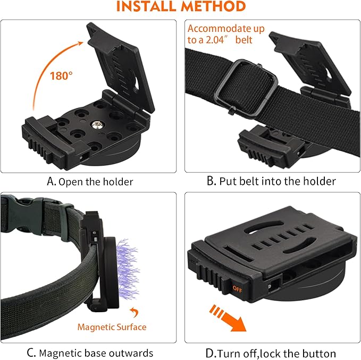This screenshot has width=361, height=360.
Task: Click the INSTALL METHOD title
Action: (x=181, y=7)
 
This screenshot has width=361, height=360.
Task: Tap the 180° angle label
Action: (x=62, y=75)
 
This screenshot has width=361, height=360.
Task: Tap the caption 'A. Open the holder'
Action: (x=90, y=182)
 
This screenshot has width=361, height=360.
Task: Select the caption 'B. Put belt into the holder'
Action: (x=271, y=182)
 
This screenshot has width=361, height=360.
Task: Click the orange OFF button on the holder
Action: (x=237, y=288)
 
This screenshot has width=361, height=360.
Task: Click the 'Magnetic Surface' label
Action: (x=112, y=327)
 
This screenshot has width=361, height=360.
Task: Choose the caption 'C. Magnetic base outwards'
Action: (x=90, y=353)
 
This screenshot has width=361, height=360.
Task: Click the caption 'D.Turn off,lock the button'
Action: (x=271, y=353)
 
